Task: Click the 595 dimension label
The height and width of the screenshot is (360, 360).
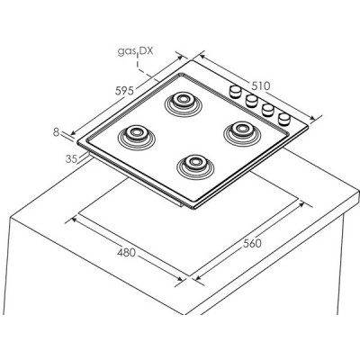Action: (124, 90)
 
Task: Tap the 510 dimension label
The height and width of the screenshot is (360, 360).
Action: (261, 86)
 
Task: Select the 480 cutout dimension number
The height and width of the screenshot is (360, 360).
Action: (126, 253)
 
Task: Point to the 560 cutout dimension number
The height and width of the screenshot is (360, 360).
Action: (252, 243)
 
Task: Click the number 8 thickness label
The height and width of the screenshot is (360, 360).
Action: (56, 132)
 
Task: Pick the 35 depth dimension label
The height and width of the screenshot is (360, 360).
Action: (71, 158)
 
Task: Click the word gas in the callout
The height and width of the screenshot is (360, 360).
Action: (127, 51)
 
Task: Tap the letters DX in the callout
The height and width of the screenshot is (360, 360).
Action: (147, 50)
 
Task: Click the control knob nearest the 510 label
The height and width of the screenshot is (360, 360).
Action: (235, 91)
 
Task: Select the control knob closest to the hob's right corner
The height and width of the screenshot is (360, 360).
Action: (284, 119)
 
